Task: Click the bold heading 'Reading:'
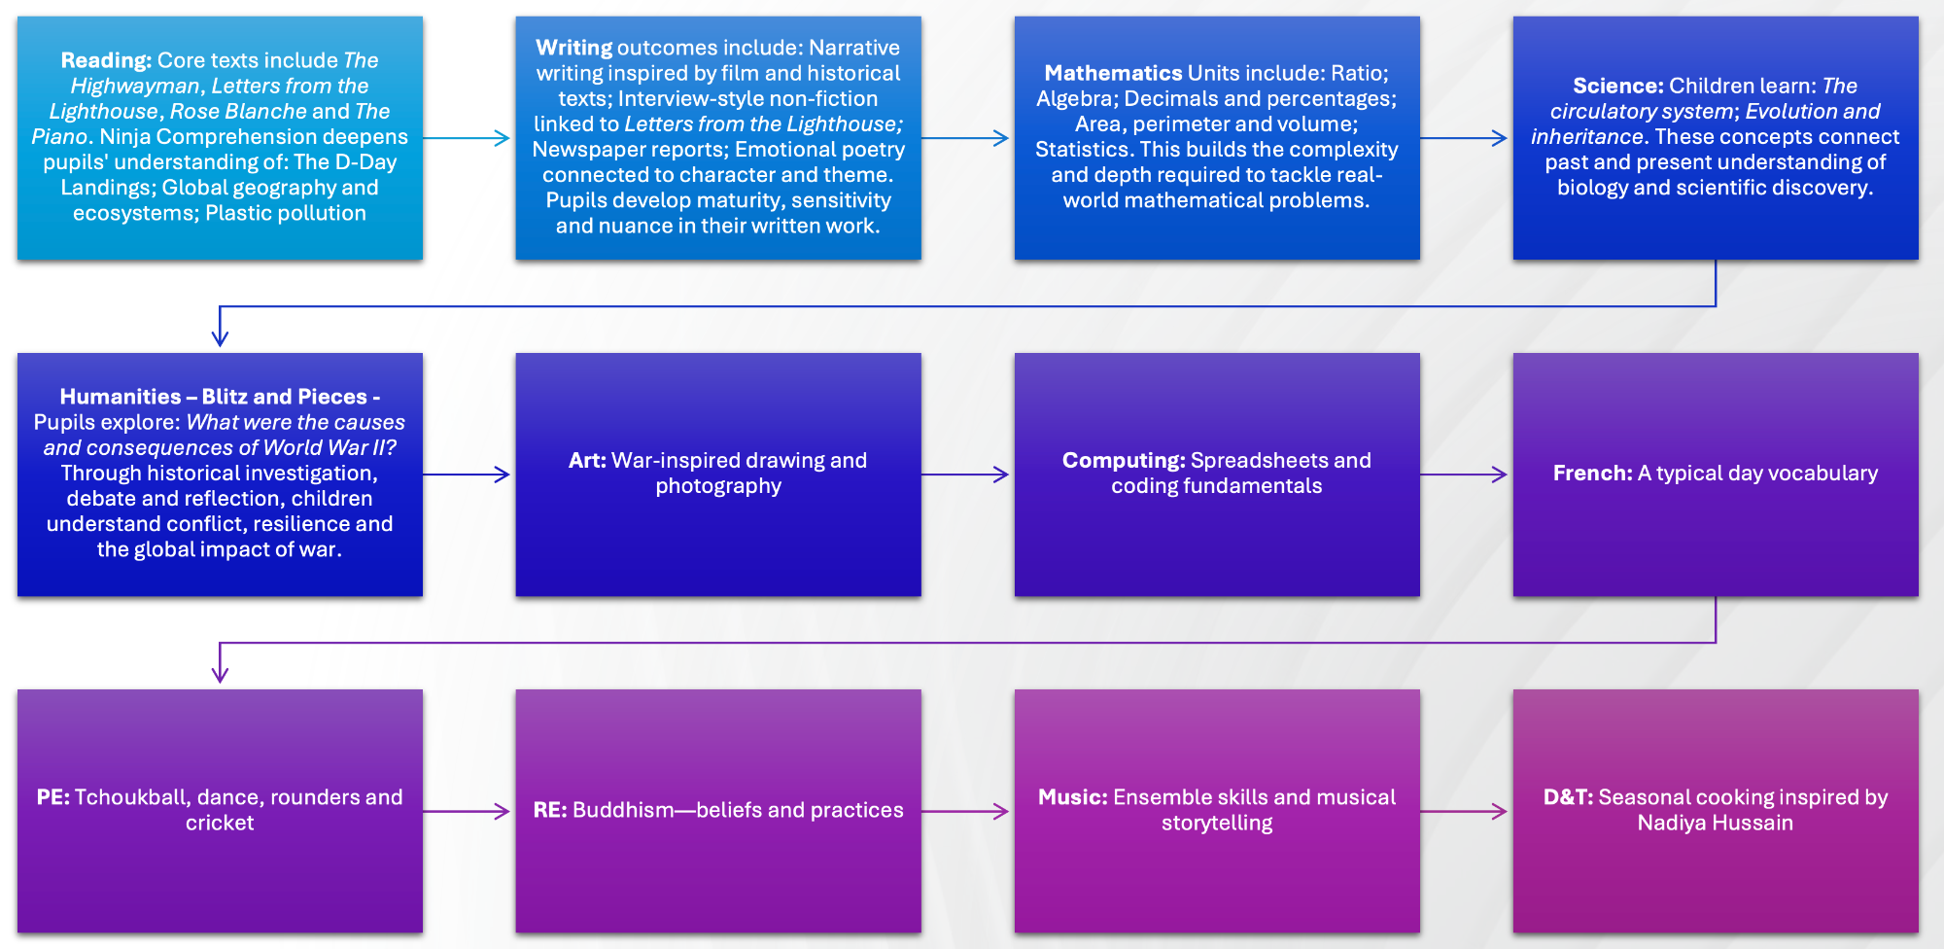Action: (106, 60)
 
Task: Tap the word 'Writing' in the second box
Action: (573, 48)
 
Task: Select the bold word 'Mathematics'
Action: (1113, 73)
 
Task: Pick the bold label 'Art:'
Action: (587, 461)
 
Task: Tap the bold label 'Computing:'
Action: (1124, 461)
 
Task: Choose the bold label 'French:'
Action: (1592, 474)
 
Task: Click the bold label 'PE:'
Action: (53, 797)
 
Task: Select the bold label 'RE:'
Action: (550, 810)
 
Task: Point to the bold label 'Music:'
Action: (1073, 797)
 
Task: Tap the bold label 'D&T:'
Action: (1568, 797)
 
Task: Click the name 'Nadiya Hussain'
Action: (1715, 823)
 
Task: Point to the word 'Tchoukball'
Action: (130, 797)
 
